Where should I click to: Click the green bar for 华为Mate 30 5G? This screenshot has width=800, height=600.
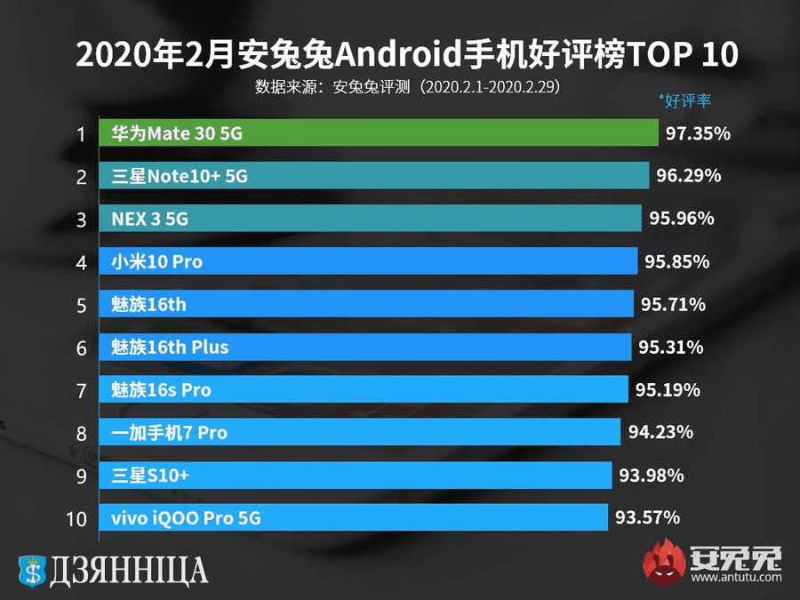point(378,134)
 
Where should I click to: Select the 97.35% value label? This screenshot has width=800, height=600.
point(698,134)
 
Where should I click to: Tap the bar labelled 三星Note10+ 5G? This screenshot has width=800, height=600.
point(373,176)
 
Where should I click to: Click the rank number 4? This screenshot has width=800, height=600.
point(81,263)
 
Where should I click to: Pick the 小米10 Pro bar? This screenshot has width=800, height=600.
point(368,261)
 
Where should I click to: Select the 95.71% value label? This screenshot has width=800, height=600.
point(673,304)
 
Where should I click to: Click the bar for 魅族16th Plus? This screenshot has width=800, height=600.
point(364,347)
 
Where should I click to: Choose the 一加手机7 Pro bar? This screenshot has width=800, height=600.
point(359,432)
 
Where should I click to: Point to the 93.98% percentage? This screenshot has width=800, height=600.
point(652,476)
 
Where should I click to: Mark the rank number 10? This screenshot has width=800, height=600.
point(77,519)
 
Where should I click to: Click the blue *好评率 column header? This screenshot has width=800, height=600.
point(685,100)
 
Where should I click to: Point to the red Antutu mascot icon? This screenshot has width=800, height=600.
point(665,562)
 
